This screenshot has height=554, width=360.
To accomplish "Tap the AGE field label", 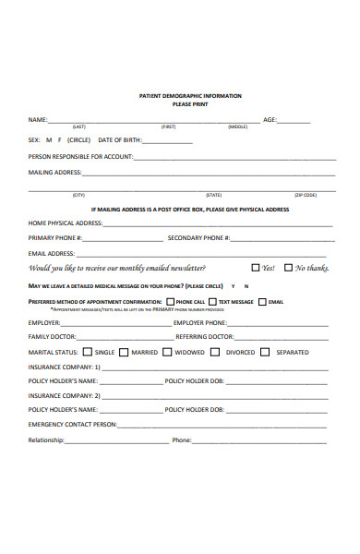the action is pos(270,120).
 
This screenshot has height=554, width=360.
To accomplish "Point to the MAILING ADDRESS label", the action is pos(55,172).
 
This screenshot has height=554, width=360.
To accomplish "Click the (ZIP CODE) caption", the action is pos(306,195).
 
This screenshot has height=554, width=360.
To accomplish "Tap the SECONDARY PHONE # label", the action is pos(198,237).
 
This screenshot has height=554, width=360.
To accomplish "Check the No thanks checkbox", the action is pos(289,268).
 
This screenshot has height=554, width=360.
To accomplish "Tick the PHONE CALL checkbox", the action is pos(170,302).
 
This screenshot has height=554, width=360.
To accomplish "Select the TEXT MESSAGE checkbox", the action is pos(212,302).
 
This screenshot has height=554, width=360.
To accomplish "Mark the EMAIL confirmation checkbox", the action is pos(263,302).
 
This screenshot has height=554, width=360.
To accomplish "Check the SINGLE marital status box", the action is pos(88,352).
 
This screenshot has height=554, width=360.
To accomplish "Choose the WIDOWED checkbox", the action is pos(167,352).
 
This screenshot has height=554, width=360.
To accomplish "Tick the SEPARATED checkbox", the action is pos(265,352).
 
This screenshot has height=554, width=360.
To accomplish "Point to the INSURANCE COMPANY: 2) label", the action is pos(65,395).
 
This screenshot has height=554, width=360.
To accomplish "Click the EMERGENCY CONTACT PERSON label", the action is pos(73,424).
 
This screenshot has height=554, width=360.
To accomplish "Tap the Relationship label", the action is pos(46,440).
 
